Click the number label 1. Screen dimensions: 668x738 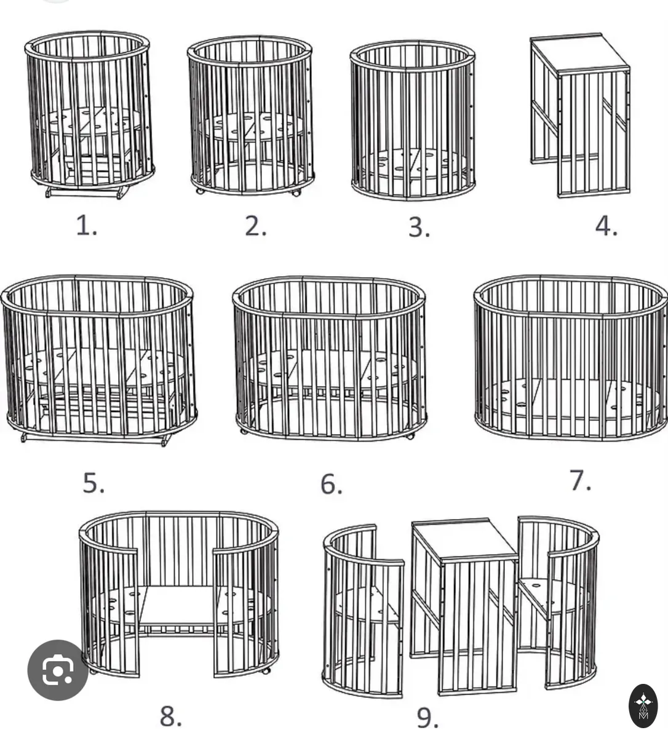[87, 225]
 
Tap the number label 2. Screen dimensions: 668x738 [255, 226]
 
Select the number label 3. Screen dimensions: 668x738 [419, 227]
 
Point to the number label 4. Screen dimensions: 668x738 [606, 226]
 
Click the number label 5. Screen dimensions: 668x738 [93, 483]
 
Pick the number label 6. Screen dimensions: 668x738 [332, 484]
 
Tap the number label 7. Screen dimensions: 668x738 [581, 480]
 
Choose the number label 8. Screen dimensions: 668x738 [171, 716]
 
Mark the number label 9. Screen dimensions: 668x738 [427, 718]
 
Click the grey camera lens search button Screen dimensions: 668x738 [58, 670]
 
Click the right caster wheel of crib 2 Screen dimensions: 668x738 [296, 192]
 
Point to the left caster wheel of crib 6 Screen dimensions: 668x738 [244, 430]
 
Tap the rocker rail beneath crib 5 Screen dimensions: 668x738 [97, 438]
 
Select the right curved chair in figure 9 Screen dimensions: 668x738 [557, 603]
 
